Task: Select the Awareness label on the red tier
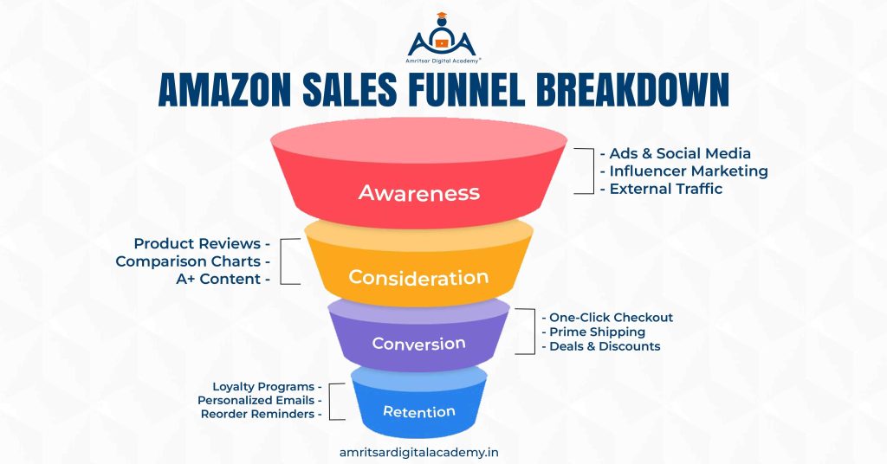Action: (x=419, y=192)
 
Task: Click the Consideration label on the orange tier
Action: (x=418, y=278)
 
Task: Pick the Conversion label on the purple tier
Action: (x=419, y=344)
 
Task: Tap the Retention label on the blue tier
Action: (x=419, y=411)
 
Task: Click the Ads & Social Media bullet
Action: (x=675, y=153)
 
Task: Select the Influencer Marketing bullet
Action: (x=683, y=171)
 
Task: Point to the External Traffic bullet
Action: (x=661, y=189)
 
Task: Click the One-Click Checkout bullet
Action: (x=606, y=318)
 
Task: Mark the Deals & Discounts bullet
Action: (x=600, y=346)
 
